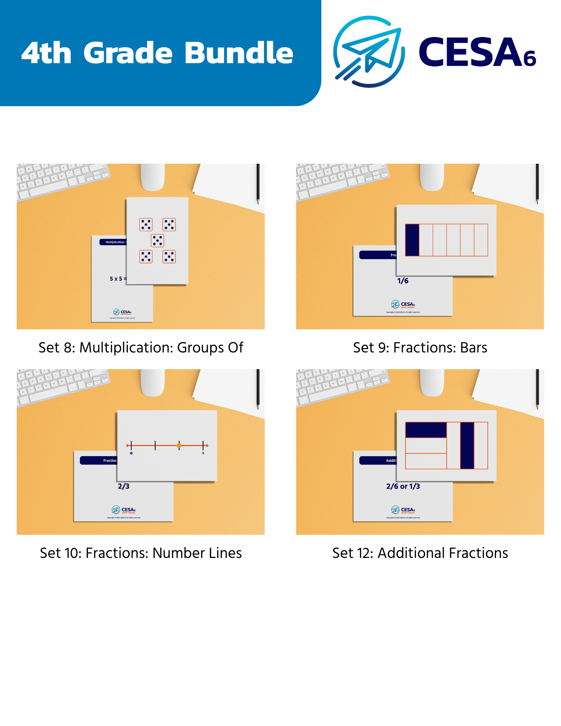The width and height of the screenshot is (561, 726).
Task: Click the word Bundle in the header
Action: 239,53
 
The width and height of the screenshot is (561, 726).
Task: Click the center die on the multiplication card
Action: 157,240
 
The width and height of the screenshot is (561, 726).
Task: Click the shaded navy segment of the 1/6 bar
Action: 412,240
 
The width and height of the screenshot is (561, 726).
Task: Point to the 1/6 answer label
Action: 403,281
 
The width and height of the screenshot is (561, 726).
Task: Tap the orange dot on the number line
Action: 179,445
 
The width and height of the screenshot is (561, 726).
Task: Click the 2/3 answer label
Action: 123,486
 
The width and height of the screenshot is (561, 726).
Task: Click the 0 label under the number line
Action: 131,453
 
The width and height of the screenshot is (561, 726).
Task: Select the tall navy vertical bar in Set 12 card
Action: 467,445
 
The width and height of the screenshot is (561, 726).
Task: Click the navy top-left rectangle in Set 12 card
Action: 426,430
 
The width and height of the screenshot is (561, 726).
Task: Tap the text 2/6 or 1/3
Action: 403,486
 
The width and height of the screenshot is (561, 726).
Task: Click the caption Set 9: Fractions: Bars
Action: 420,347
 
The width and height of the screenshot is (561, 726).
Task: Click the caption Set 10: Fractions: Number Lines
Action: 141,553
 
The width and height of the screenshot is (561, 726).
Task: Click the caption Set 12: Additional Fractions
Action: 420,553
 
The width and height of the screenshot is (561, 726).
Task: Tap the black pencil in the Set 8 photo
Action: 258,183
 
